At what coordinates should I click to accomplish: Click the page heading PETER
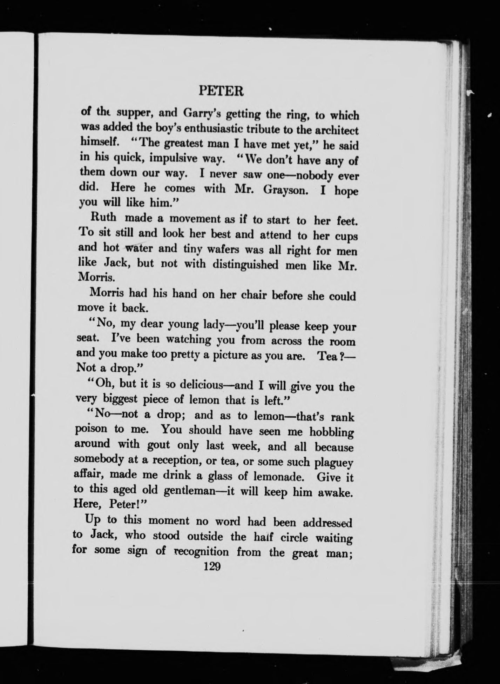pyautogui.click(x=221, y=92)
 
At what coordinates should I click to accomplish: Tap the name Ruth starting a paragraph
pyautogui.click(x=103, y=217)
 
